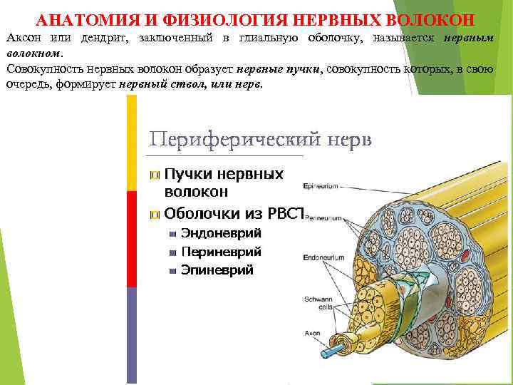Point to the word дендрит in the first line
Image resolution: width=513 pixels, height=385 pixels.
coord(100,38)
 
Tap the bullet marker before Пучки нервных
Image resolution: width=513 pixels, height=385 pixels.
coord(155,175)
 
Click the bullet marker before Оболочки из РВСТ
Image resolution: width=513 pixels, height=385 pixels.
coord(155,214)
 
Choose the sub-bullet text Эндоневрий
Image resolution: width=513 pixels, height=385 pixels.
coord(221,233)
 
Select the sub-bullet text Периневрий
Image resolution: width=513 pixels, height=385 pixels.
coord(221,252)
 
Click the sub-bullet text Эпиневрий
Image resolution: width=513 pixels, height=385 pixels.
coord(217,270)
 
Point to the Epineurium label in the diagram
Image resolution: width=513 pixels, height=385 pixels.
coord(320,187)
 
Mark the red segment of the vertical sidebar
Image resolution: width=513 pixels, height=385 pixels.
coord(131,239)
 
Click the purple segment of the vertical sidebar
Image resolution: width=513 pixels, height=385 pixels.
coord(131,335)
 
